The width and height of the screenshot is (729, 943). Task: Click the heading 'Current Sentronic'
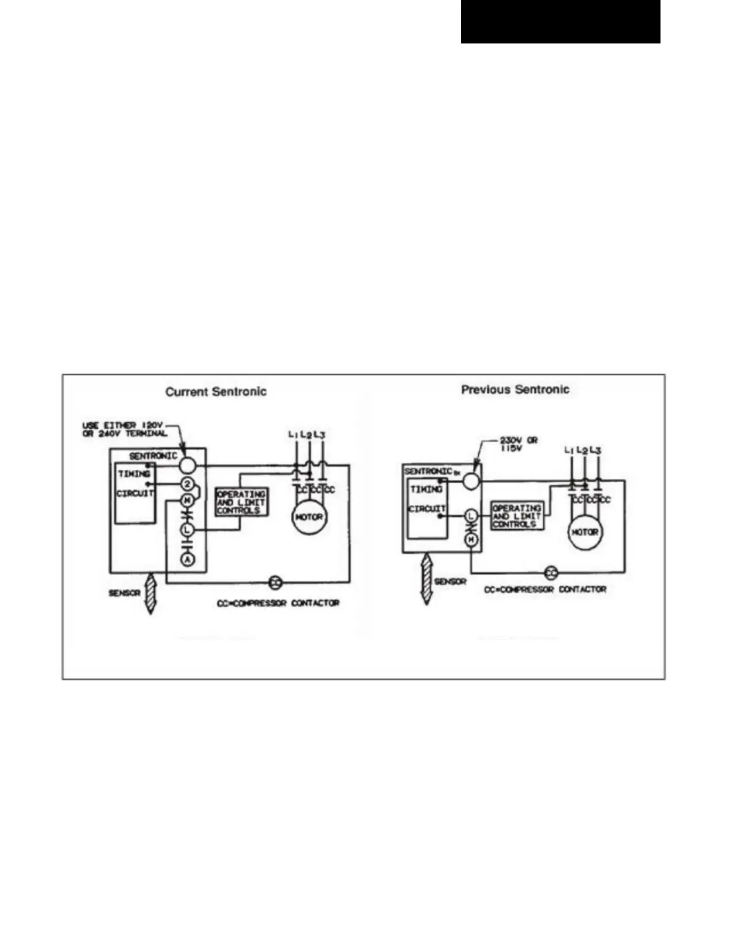[216, 392]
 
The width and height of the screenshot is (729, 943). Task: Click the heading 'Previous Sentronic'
[515, 389]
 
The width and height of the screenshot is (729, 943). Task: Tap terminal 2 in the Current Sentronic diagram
[188, 483]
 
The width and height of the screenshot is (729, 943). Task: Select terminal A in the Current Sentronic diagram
[188, 560]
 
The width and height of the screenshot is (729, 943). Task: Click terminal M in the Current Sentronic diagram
[188, 500]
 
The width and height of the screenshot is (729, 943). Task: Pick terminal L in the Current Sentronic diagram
[188, 529]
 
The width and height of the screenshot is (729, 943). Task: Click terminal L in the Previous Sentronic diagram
[471, 516]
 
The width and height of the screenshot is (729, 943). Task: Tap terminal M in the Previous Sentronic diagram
[471, 540]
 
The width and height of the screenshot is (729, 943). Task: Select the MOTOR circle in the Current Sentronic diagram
[309, 517]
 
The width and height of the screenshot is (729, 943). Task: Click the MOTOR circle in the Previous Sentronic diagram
[584, 532]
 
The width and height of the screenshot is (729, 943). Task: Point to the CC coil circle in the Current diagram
[275, 582]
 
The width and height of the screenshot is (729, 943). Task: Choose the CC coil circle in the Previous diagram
[552, 573]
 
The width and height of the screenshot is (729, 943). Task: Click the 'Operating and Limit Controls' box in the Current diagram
[241, 502]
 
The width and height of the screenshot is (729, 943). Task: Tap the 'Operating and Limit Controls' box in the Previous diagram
[516, 516]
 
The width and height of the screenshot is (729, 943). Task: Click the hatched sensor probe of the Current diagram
[151, 593]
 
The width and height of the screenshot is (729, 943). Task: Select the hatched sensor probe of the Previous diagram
[426, 579]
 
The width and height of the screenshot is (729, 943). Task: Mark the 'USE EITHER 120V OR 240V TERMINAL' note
[124, 429]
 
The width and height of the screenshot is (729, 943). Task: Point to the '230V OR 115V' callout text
[518, 444]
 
